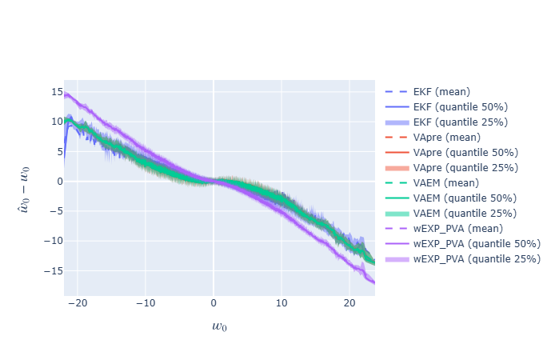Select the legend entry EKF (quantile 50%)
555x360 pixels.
(460, 106)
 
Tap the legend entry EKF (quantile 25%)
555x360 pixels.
(460, 122)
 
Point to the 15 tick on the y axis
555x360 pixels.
(57, 92)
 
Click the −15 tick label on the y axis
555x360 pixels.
(54, 271)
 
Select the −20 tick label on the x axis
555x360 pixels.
(77, 304)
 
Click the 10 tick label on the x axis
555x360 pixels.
(281, 304)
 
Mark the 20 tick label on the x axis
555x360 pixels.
(349, 304)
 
